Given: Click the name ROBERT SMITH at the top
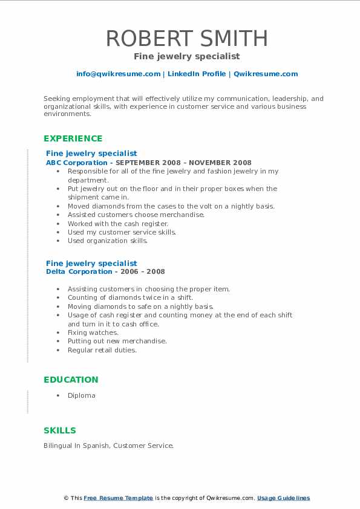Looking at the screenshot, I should (x=186, y=38).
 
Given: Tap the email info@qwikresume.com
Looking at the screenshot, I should (x=118, y=74).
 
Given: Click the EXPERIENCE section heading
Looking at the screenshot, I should (x=73, y=138).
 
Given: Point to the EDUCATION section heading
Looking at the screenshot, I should (x=71, y=380).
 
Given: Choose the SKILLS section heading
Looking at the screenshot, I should (x=60, y=430).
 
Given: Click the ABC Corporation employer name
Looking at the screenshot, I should (x=77, y=163).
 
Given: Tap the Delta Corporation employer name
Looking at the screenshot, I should (x=79, y=272).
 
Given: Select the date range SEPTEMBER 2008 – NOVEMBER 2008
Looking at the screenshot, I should (x=183, y=163).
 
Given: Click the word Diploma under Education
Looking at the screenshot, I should (x=82, y=395).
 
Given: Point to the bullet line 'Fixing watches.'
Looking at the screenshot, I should (x=93, y=332).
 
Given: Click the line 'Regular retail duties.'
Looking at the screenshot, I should (x=102, y=350).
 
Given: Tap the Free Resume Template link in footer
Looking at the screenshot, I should (x=119, y=498).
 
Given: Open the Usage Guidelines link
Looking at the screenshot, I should (x=283, y=498).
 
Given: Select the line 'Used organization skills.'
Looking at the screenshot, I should (x=108, y=241).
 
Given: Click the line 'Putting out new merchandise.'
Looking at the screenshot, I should (x=117, y=341).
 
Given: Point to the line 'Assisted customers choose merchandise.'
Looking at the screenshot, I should (x=136, y=215).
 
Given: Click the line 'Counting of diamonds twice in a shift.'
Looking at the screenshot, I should (x=130, y=297).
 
